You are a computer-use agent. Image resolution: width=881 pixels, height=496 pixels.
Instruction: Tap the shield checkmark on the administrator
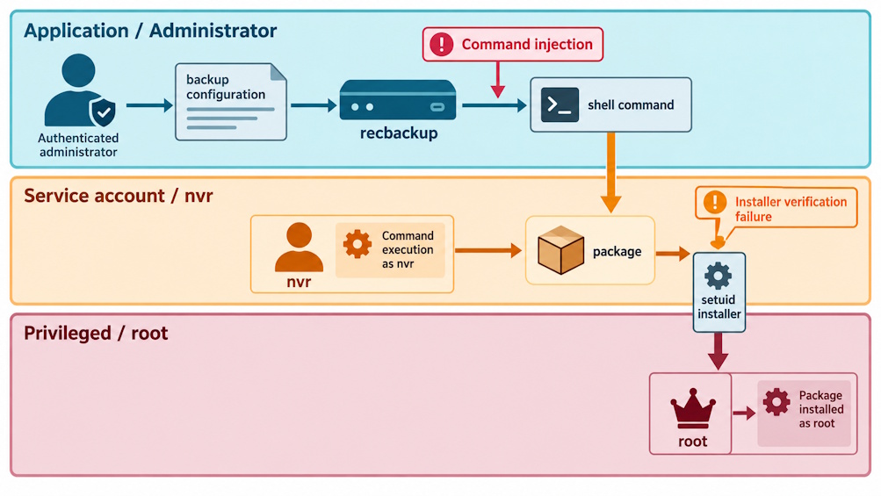(x=103, y=112)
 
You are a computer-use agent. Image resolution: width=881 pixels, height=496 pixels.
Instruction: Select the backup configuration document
(x=231, y=102)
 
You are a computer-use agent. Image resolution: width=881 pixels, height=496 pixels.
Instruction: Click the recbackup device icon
(x=398, y=100)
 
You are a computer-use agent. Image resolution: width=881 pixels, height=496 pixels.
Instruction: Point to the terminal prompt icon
(x=560, y=105)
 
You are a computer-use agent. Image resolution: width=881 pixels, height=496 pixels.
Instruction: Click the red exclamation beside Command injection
(x=442, y=44)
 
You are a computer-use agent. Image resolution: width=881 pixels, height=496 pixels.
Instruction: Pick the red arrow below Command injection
(x=498, y=80)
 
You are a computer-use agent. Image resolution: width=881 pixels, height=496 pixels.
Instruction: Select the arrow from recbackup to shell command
(x=495, y=105)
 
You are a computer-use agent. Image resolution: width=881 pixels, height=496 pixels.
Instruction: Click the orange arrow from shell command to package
(x=610, y=172)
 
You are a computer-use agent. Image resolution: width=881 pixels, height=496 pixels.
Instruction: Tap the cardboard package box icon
(x=560, y=250)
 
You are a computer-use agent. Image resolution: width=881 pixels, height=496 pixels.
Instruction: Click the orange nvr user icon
(x=299, y=248)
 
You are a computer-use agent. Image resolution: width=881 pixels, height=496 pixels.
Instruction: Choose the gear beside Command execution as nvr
(x=357, y=244)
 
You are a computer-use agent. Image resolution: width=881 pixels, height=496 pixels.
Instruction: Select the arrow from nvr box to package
(x=488, y=250)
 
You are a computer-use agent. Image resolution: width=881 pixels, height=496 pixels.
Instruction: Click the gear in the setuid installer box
(x=718, y=276)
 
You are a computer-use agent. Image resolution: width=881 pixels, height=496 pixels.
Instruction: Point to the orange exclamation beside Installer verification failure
(x=715, y=202)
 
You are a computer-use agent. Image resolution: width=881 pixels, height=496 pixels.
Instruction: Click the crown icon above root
(x=693, y=408)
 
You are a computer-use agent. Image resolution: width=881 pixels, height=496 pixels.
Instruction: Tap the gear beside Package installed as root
(x=776, y=402)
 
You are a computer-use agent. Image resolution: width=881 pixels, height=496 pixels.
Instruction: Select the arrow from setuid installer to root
(x=718, y=351)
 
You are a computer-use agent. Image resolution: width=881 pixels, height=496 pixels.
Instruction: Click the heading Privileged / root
(x=96, y=333)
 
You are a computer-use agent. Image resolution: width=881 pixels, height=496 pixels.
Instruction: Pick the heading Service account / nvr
(x=118, y=196)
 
